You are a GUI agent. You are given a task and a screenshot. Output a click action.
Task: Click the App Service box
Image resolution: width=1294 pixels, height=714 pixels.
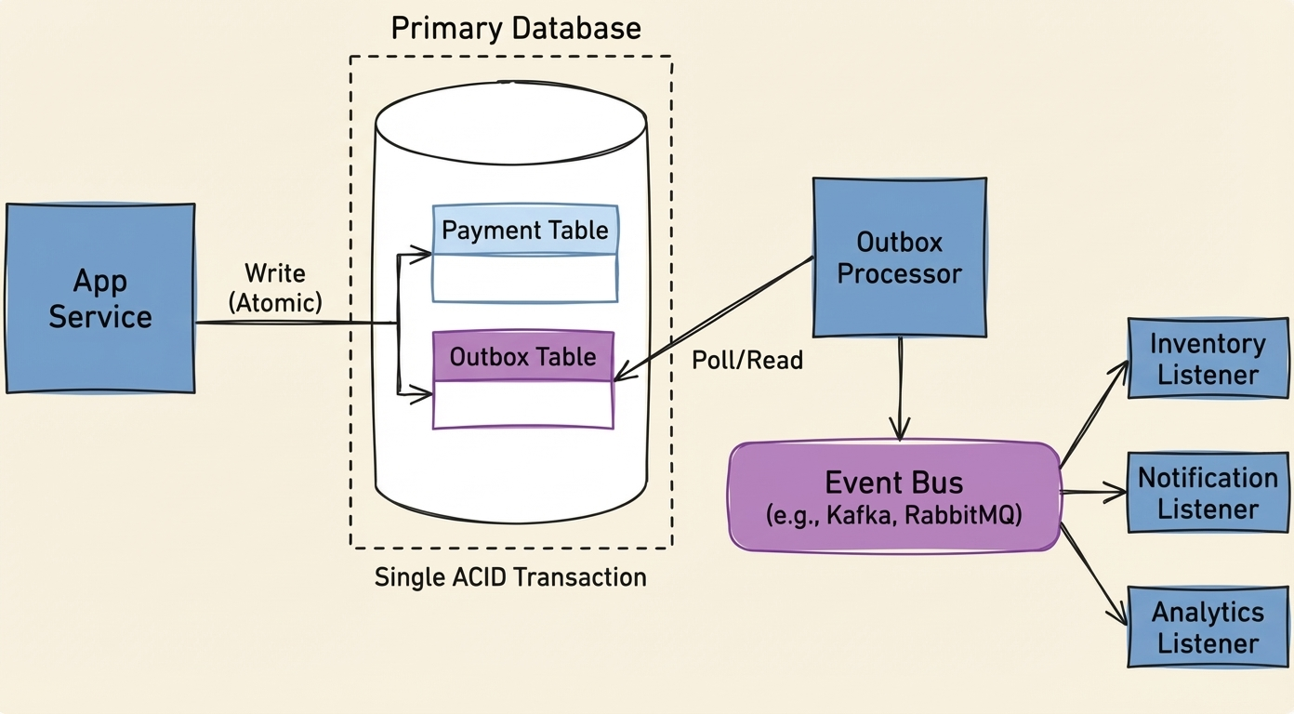[100, 298]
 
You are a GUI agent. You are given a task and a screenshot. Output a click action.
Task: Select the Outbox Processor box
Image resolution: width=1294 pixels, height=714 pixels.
[899, 258]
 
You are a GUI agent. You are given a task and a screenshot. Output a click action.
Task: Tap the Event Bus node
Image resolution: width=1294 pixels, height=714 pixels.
[893, 496]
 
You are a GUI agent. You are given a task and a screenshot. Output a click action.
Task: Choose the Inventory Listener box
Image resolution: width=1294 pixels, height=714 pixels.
[1208, 359]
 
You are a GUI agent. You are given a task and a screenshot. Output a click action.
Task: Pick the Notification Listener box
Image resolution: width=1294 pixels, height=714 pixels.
[1208, 493]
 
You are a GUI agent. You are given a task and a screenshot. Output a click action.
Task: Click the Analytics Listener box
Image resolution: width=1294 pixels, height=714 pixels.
[1208, 627]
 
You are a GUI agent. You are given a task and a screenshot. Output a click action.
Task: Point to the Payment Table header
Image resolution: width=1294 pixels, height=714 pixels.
[525, 231]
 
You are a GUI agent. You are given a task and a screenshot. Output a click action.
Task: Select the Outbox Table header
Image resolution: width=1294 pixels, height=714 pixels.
[523, 357]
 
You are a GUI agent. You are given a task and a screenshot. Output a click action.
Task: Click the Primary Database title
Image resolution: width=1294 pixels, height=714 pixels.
[516, 28]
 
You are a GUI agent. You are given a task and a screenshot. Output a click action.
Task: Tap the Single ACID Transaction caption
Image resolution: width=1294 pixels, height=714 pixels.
[510, 577]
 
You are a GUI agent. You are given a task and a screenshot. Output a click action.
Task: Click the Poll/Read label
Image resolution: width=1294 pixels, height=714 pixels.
[747, 361]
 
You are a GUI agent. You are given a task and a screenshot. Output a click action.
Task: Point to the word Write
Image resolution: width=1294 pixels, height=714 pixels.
[275, 273]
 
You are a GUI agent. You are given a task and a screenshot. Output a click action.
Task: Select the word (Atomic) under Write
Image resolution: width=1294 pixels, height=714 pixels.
[275, 301]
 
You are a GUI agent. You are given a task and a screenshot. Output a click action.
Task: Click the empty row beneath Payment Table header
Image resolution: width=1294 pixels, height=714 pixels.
[525, 277]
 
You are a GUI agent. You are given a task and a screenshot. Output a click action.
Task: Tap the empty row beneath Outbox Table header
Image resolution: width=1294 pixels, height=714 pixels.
[523, 404]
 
